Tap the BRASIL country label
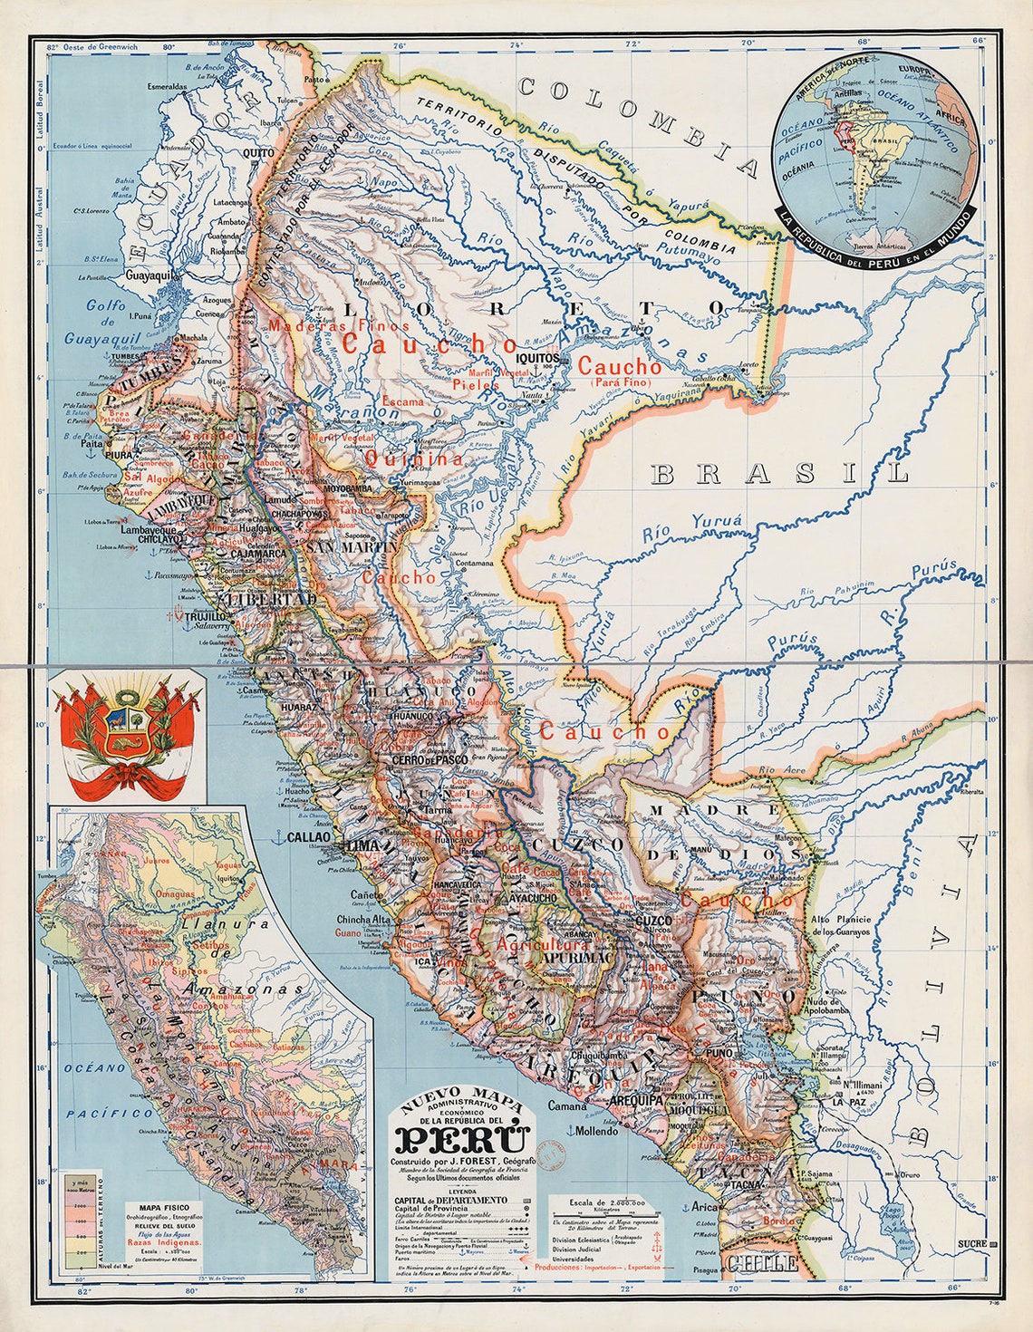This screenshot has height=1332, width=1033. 779,473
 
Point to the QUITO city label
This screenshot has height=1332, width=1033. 257,153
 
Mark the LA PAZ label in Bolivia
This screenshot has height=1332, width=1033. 849,1102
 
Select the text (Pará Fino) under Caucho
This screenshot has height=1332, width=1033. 618,383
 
